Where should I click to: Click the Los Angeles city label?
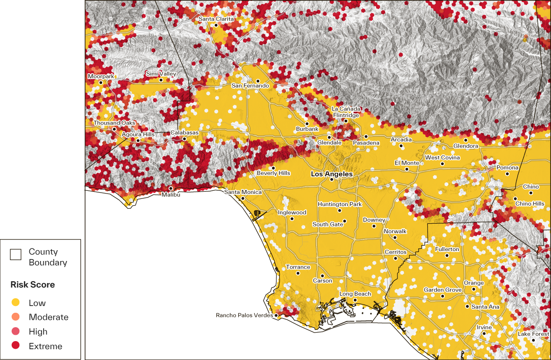point(332,174)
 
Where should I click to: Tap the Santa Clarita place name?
point(216,19)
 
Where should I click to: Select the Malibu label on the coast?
point(171,195)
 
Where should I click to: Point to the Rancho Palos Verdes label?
point(244,315)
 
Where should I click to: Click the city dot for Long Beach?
point(355,300)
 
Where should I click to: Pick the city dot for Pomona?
point(507,174)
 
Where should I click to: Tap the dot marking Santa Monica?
point(243,198)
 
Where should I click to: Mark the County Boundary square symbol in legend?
point(16,255)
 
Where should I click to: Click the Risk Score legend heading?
point(33,285)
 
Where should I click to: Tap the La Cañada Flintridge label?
point(346,112)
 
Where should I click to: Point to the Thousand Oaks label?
point(114,123)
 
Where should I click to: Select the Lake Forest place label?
point(533,334)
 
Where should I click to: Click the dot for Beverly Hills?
point(273,168)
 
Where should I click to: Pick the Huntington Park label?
point(339,204)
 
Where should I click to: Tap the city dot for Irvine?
point(484,333)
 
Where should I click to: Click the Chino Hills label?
point(529,203)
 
